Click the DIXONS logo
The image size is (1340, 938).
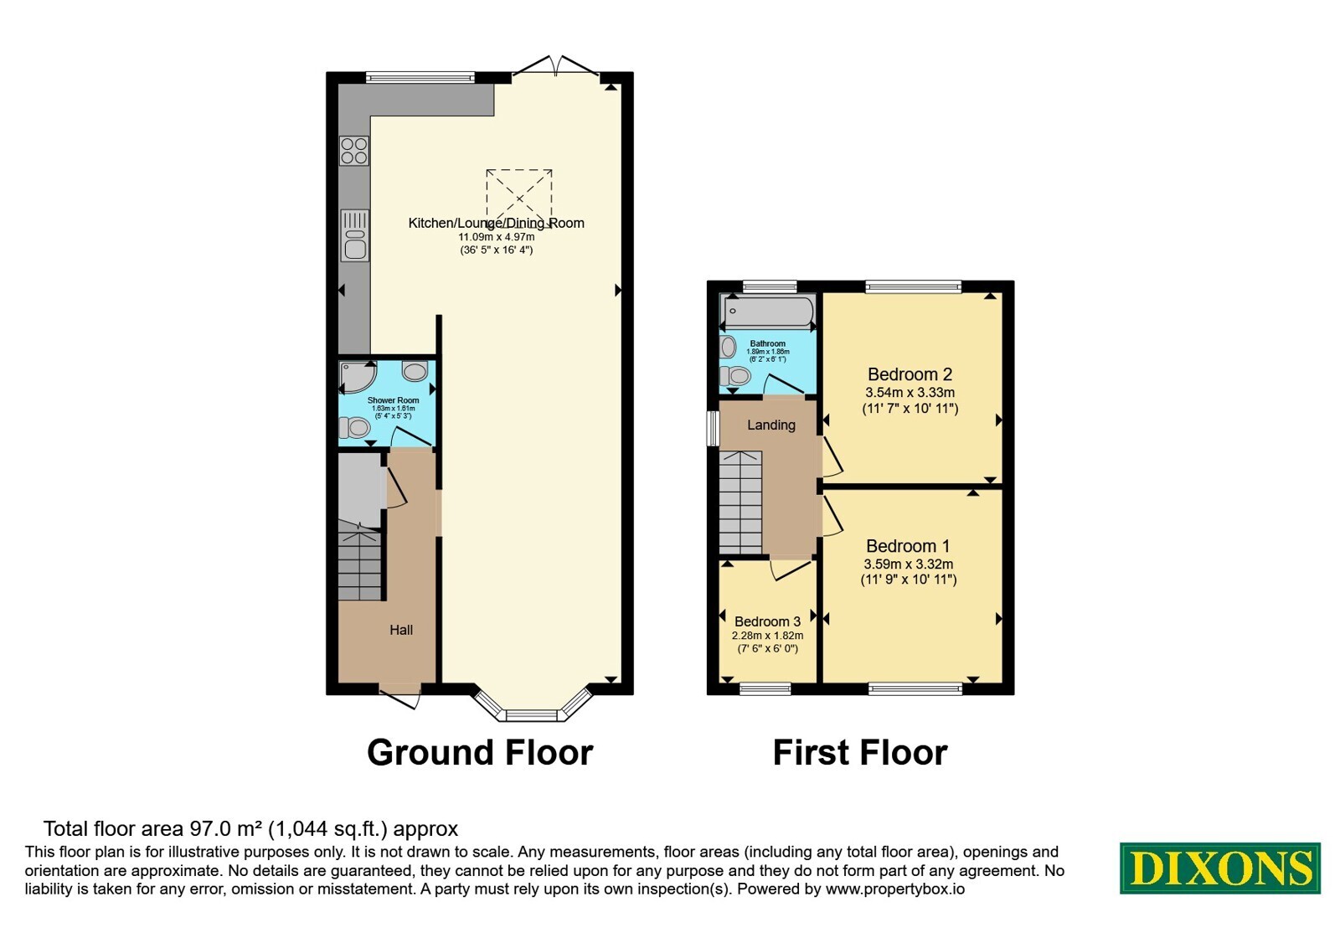click(1219, 868)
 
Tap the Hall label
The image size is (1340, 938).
click(401, 630)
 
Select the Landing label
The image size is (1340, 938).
click(771, 425)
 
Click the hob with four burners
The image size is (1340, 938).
click(354, 151)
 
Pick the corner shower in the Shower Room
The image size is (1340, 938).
click(357, 377)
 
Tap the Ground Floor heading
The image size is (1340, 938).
click(480, 753)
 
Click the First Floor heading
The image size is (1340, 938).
click(860, 753)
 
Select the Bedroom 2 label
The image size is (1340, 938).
click(910, 374)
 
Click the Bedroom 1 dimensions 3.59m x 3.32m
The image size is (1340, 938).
click(909, 564)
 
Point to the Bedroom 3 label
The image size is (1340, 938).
click(767, 621)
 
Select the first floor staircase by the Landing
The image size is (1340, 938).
click(740, 502)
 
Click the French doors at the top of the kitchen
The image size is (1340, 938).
click(556, 66)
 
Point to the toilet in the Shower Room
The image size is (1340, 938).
click(354, 428)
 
